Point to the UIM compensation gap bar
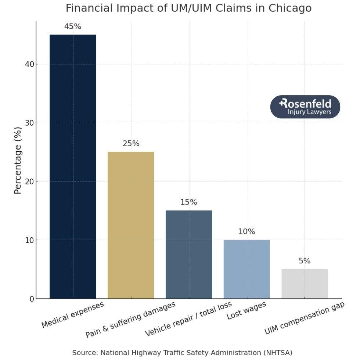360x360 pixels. click(x=305, y=284)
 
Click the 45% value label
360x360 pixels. click(x=73, y=26)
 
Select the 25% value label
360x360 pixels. click(x=131, y=144)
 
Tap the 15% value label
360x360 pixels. click(x=189, y=202)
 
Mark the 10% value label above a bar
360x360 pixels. click(x=246, y=232)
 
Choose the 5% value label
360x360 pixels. click(x=305, y=261)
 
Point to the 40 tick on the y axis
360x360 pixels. click(x=29, y=64)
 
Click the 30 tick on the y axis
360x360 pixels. click(x=29, y=123)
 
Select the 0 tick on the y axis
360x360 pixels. click(x=32, y=299)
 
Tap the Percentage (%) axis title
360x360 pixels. click(x=18, y=161)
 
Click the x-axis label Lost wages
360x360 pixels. click(x=246, y=311)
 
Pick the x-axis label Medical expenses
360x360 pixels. click(x=73, y=315)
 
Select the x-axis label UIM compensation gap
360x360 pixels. click(x=305, y=318)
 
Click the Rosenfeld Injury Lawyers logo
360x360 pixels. click(x=305, y=107)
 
